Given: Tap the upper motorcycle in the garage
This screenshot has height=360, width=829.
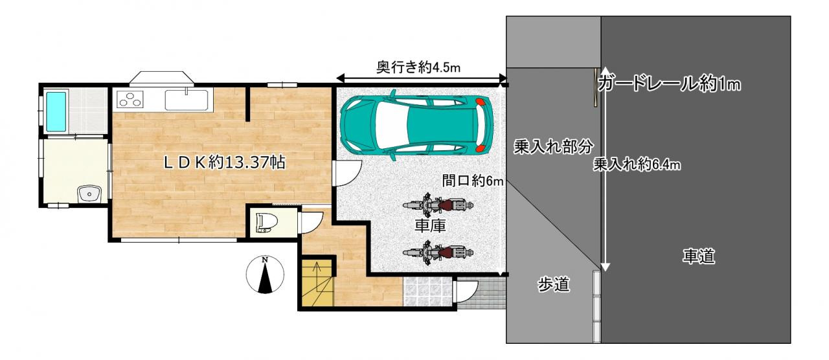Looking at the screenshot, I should point(436,205).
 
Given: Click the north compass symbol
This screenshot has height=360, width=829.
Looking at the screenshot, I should point(265,275).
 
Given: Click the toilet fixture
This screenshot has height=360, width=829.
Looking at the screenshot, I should point(265,221).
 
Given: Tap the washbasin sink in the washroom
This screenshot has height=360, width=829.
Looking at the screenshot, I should point(87,194).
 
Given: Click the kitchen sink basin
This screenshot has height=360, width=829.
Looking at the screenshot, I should point(186,100).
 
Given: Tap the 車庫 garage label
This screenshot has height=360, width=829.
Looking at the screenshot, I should point(429,227).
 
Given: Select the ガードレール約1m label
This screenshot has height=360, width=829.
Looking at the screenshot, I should point(670,84).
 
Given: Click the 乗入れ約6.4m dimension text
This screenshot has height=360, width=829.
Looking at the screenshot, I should point(637,165).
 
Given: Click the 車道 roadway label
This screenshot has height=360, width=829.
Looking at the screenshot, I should point(698,256).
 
